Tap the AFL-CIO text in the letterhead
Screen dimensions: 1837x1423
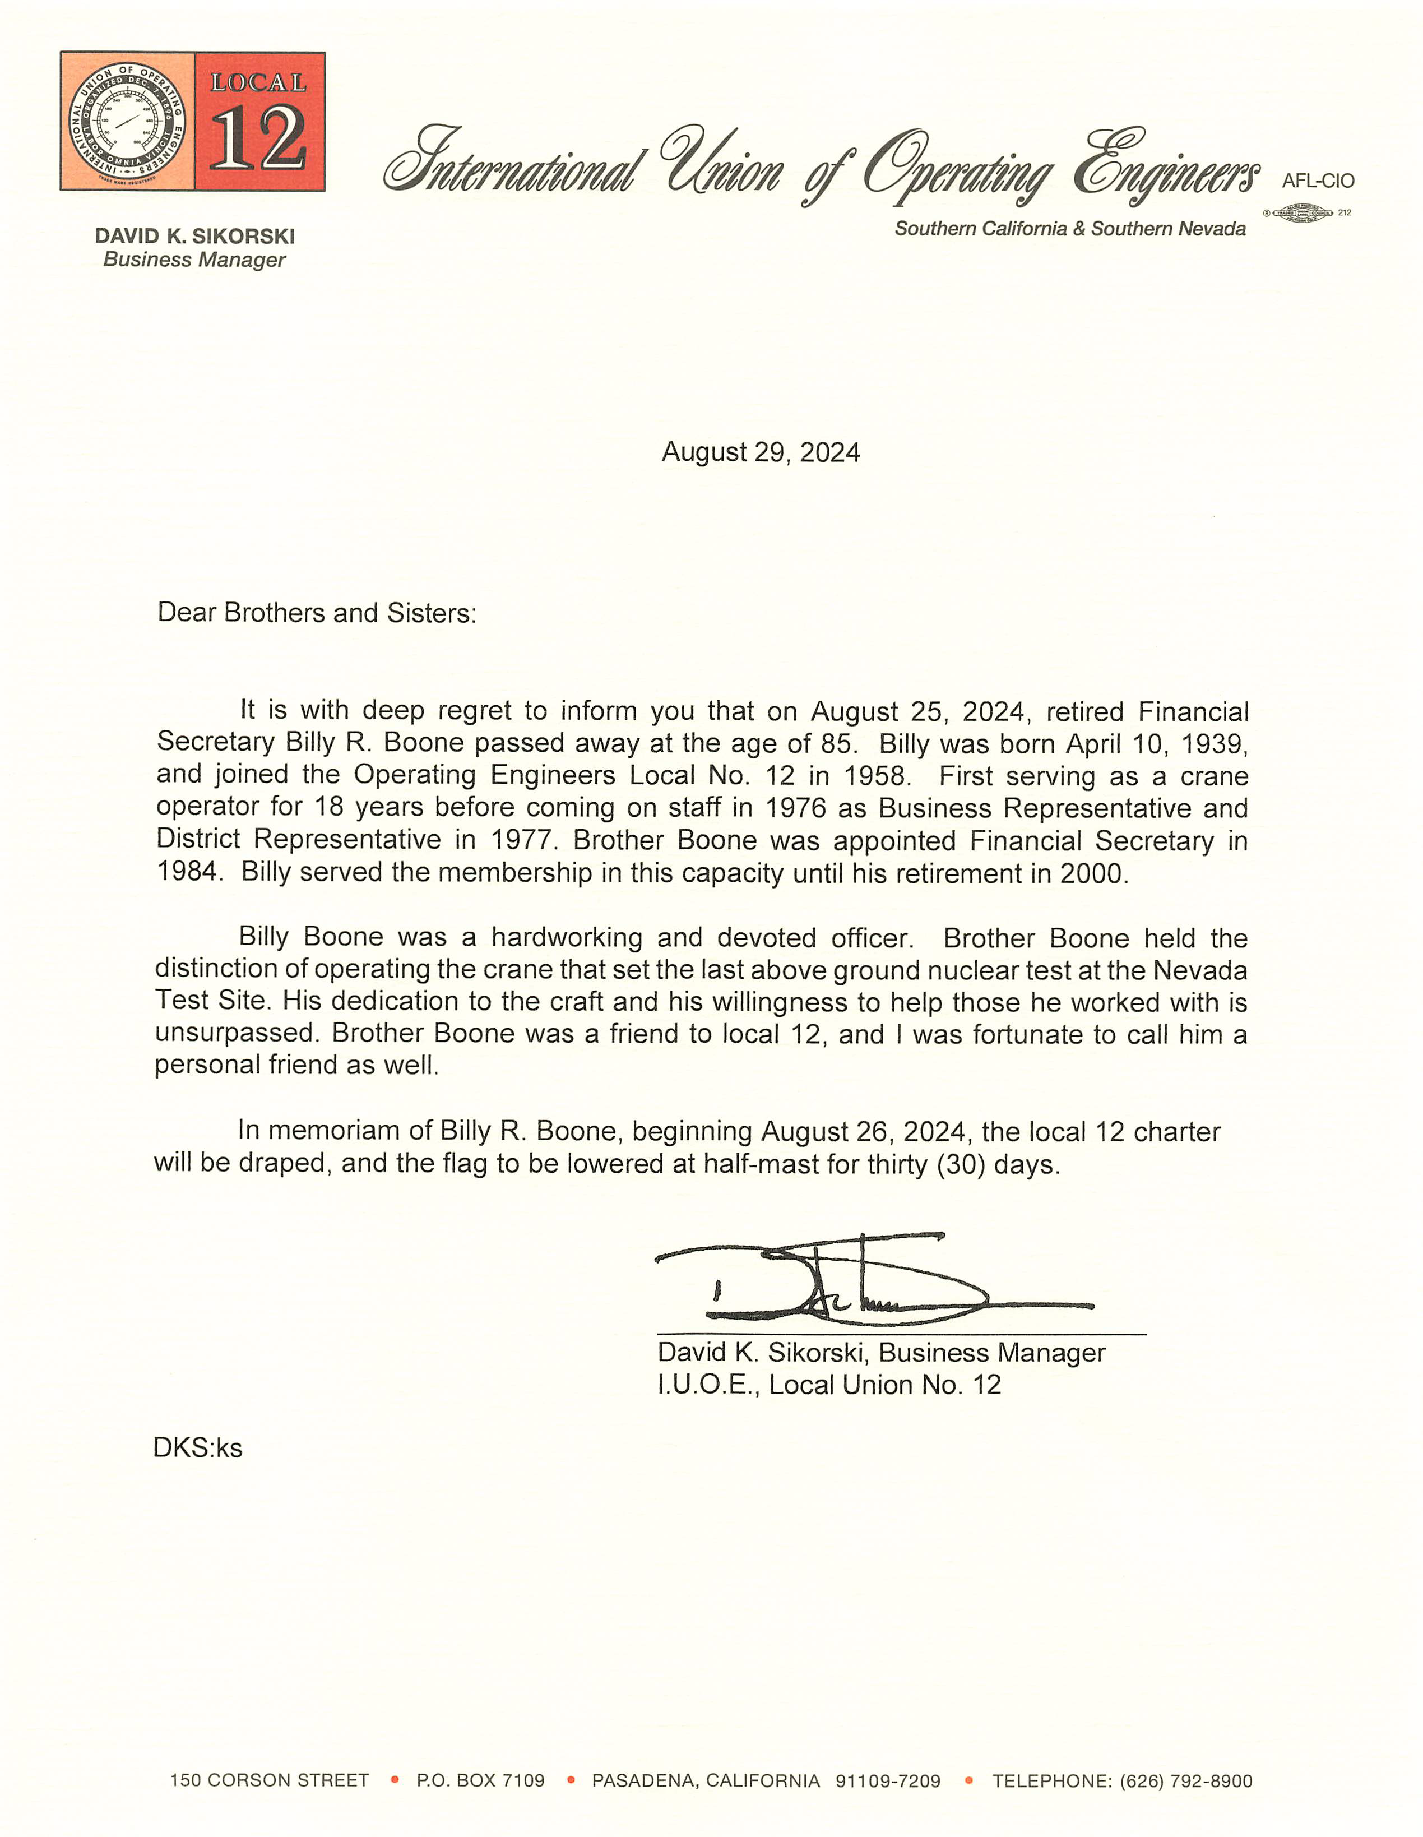click(1317, 181)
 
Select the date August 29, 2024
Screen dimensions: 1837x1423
click(761, 452)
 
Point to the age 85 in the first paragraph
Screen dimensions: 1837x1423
click(837, 743)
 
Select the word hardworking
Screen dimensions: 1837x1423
click(566, 937)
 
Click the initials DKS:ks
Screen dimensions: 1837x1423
click(198, 1449)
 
